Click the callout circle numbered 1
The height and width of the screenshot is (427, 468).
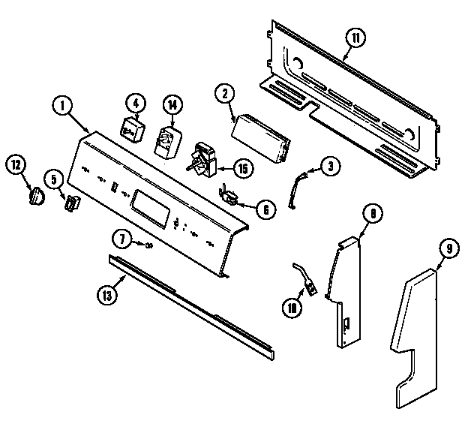pos(62,106)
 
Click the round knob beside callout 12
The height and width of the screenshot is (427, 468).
pos(34,196)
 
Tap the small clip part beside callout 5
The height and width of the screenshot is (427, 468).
pos(71,202)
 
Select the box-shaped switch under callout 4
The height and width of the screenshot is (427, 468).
pos(133,129)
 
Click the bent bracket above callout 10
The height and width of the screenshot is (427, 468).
pos(304,275)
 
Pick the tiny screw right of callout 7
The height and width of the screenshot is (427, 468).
pos(148,245)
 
